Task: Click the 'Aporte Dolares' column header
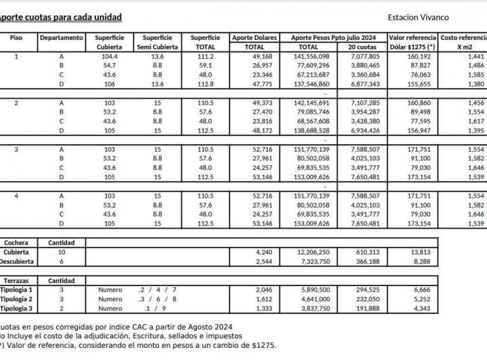click(x=254, y=38)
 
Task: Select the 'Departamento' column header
click(x=62, y=38)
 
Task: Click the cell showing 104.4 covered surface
click(x=109, y=57)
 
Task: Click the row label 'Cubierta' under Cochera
click(x=16, y=252)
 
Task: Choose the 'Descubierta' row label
click(x=16, y=261)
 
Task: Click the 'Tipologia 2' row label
click(x=16, y=298)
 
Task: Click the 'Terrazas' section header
click(x=16, y=280)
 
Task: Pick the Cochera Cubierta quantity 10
click(x=62, y=252)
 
